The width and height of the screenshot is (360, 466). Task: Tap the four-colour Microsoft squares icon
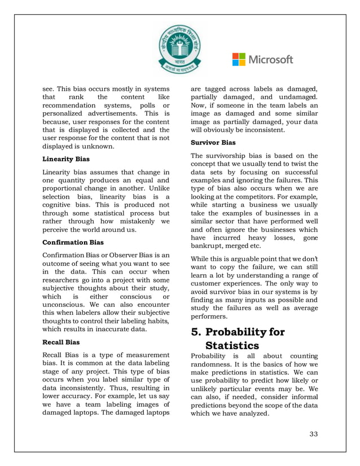[x=239, y=59]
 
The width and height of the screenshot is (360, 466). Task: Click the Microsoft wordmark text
[x=271, y=59]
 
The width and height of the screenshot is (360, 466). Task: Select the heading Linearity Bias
[x=66, y=160]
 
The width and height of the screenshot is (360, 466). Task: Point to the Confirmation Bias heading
[x=73, y=242]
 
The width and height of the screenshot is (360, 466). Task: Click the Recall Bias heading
[x=62, y=341]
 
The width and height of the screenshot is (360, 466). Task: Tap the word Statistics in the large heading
[x=232, y=345]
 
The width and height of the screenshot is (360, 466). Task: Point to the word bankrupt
[x=209, y=247]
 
